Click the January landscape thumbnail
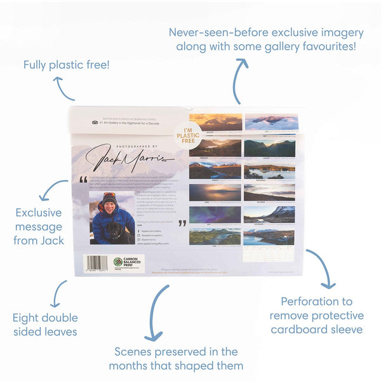pyautogui.click(x=216, y=121)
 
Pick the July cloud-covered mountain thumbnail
pyautogui.click(x=271, y=121)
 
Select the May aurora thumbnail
pyautogui.click(x=216, y=214)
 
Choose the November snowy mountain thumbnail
pyautogui.click(x=271, y=214)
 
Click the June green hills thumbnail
pyautogui.click(x=216, y=236)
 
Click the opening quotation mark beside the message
pyautogui.click(x=83, y=180)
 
